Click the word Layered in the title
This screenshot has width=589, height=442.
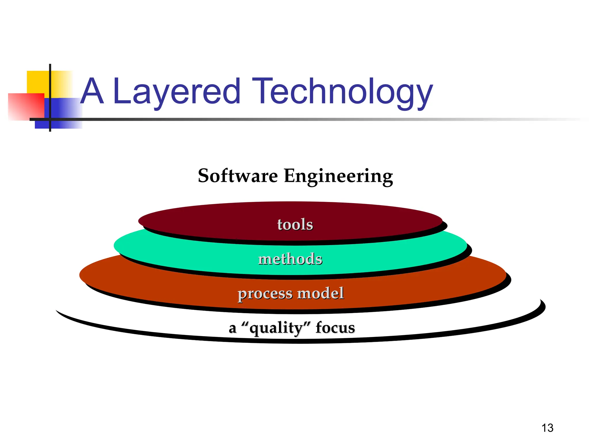click(176, 92)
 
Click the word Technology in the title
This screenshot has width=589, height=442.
click(342, 92)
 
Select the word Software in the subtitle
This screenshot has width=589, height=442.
click(238, 176)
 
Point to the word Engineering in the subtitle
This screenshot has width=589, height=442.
click(338, 176)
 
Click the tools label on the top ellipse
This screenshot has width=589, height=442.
click(295, 224)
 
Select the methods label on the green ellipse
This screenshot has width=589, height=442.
click(290, 259)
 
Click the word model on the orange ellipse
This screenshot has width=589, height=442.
click(320, 293)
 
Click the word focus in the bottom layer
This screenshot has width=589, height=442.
click(335, 327)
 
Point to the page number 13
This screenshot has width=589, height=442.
click(547, 428)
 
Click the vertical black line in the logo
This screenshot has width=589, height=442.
click(50, 86)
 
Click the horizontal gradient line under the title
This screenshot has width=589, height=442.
click(288, 119)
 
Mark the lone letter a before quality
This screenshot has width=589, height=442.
click(232, 328)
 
